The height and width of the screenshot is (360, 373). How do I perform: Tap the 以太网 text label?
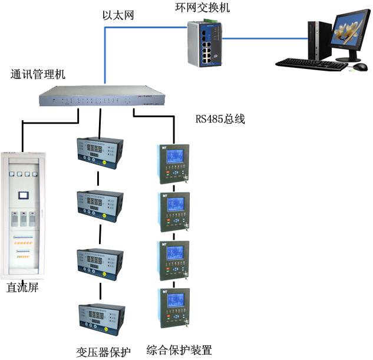(117, 15)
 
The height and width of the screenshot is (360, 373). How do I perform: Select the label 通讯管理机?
(38, 75)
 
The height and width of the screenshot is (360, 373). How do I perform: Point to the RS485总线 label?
(220, 119)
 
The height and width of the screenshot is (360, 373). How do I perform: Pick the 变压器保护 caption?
(103, 351)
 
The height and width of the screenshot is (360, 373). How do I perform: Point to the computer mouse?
(357, 68)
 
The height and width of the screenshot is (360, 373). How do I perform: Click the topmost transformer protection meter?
(99, 152)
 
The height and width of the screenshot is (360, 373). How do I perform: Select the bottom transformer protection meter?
(99, 320)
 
